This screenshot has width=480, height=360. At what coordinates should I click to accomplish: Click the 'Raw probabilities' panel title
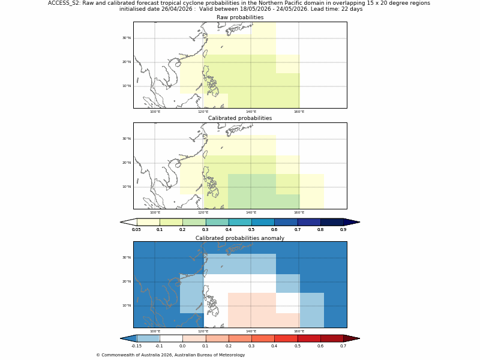click(x=240, y=17)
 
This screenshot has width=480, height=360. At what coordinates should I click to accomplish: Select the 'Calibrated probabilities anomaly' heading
click(x=240, y=238)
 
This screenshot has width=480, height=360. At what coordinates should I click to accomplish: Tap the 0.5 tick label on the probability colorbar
click(x=251, y=229)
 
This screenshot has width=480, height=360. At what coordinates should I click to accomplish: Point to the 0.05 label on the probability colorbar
click(x=136, y=229)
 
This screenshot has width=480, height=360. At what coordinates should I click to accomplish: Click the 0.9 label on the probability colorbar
click(x=343, y=229)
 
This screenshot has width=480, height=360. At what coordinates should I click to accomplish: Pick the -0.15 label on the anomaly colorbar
click(x=136, y=346)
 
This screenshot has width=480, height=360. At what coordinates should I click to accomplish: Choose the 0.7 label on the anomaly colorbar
click(x=343, y=346)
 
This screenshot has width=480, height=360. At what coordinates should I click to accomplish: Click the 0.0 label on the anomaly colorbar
click(x=182, y=346)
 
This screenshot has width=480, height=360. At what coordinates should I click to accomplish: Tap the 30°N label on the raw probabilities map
click(x=127, y=38)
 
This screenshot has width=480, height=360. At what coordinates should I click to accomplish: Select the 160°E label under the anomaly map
click(x=299, y=331)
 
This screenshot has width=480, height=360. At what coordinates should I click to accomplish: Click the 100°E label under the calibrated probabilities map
click(x=155, y=212)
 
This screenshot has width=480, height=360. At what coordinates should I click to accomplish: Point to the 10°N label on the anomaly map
click(x=127, y=305)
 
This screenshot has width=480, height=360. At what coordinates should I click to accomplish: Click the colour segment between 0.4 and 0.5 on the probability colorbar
click(x=240, y=222)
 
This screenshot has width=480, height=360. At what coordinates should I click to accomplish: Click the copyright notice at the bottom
click(x=170, y=355)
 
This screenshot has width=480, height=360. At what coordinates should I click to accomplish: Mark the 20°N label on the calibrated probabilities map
click(x=127, y=163)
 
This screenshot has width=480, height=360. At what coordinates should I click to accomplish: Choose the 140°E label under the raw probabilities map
click(x=251, y=112)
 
